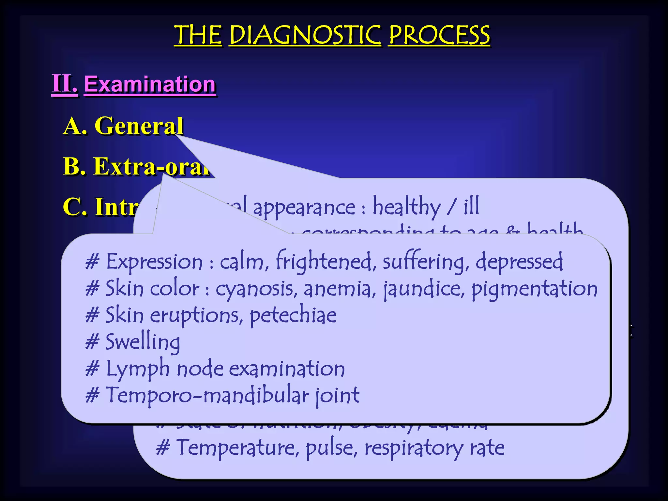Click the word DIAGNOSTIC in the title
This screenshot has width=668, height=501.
click(x=305, y=35)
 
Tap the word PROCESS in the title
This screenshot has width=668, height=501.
click(x=439, y=35)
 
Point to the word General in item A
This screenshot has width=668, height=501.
click(x=139, y=126)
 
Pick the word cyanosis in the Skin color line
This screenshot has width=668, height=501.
click(x=256, y=289)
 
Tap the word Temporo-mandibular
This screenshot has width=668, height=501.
click(x=207, y=395)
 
